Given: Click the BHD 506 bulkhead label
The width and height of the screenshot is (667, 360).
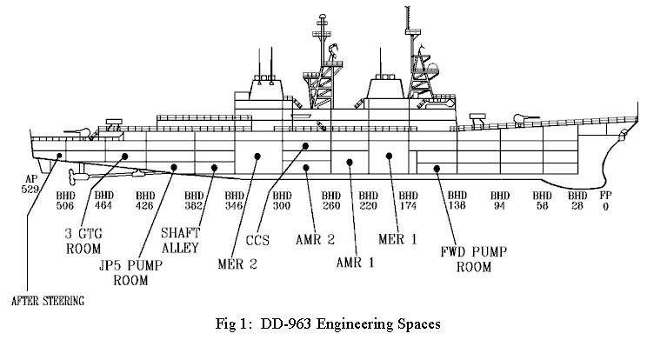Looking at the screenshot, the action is pos(65,201).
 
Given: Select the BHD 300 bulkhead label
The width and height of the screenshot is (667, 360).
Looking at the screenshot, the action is pos(282,201).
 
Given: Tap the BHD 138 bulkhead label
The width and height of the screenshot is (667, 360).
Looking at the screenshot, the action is pos(457,201).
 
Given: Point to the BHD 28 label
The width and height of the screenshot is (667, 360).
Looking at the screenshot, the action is pos(577,201).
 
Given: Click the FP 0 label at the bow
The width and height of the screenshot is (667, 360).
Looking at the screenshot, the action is pos(606,201).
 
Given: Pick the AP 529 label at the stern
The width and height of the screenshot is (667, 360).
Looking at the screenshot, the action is pos(30,184).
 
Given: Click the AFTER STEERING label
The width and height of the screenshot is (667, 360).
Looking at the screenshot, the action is pos(48,301).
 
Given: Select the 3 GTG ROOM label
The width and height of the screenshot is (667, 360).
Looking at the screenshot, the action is pos(83,241).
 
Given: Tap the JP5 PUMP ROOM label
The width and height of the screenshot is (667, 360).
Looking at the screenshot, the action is pos(130,273).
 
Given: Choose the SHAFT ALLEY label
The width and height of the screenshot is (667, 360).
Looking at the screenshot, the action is pos(180,240).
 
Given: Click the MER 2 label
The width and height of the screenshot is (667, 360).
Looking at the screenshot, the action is pos(237,264).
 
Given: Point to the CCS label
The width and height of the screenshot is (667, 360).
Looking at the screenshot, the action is pos(257,240).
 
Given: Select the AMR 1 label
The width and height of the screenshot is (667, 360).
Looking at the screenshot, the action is pos(355,263).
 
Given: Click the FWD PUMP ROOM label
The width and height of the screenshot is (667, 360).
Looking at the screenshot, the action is pos(474,259).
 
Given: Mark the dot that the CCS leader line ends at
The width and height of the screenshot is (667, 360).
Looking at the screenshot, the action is pos(305,146).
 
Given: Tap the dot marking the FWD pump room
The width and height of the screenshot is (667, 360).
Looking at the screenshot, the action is pos(437,169).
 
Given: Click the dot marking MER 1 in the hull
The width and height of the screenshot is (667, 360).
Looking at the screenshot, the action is pos(389,157).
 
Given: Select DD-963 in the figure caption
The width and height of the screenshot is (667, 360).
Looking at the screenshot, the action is pos(286,323).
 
